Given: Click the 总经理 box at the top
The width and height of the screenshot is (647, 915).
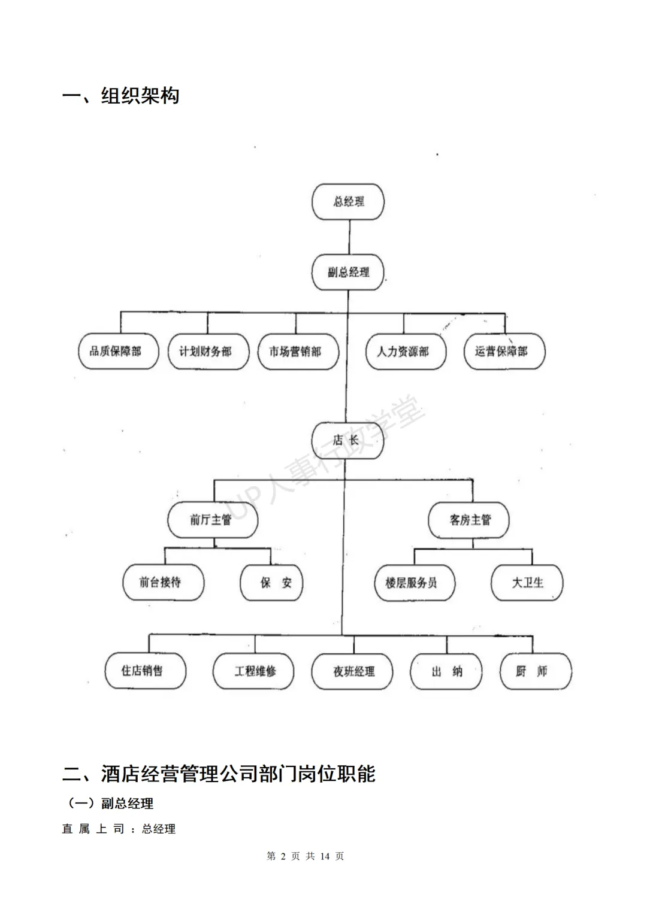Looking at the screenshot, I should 348,202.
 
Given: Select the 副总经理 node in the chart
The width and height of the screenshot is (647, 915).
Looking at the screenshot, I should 348,272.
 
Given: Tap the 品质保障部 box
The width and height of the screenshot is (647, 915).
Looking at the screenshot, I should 118,352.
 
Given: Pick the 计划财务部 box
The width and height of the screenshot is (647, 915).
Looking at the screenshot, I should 208,352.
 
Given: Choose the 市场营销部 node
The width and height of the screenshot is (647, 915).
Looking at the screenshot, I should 298,352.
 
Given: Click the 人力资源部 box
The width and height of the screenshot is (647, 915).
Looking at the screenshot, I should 406,352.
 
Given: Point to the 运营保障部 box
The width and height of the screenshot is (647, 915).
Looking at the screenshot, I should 504,352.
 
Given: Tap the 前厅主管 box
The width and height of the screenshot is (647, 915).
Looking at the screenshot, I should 212,520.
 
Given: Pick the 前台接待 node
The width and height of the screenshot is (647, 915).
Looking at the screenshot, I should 163,583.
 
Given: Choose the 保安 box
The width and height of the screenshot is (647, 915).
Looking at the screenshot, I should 271,583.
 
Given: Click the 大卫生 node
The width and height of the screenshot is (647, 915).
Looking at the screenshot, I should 527,583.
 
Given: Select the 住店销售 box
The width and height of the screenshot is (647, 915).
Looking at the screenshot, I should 145,671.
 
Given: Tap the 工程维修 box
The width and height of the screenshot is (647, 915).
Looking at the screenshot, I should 253,671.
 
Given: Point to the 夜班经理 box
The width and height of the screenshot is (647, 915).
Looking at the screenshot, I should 352,671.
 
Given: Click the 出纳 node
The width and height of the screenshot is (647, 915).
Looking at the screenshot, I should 446,671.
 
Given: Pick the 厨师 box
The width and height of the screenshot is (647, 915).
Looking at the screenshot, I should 536,671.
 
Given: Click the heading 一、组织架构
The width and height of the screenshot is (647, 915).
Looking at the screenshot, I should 121,96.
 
